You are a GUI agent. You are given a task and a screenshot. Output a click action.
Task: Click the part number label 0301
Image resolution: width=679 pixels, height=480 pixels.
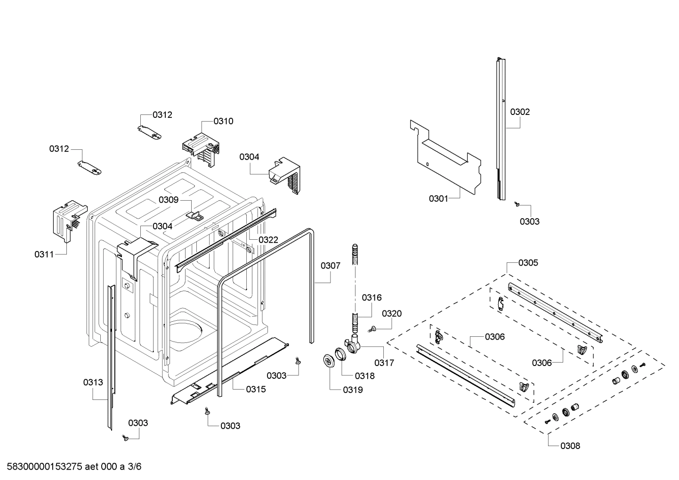438,199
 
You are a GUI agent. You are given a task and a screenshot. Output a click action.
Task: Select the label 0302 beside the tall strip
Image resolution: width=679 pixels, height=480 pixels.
520,112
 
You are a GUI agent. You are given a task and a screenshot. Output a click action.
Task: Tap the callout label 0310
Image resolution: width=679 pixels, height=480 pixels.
223,121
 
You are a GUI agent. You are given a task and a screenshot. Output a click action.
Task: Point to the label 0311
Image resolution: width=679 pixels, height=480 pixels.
44,254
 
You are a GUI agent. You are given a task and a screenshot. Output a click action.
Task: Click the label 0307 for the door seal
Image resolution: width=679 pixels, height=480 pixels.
330,266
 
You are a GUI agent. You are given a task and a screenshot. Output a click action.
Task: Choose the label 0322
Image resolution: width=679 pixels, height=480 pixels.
268,240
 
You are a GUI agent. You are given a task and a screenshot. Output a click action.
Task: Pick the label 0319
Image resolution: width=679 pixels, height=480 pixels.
353,390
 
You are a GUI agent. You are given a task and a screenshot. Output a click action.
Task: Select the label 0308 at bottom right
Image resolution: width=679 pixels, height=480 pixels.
570,446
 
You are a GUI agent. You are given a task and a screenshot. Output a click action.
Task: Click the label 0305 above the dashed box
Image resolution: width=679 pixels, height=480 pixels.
528,262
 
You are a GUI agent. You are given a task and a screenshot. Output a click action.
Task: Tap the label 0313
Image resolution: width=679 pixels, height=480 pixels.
93,382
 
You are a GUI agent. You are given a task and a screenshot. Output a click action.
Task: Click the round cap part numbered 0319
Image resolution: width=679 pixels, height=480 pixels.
329,360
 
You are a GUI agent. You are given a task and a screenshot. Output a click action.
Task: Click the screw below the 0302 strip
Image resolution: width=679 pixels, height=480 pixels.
517,204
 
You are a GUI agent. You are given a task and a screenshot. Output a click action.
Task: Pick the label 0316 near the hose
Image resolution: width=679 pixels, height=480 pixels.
372,297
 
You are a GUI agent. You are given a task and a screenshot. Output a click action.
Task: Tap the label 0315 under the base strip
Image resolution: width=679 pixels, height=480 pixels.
256,389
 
